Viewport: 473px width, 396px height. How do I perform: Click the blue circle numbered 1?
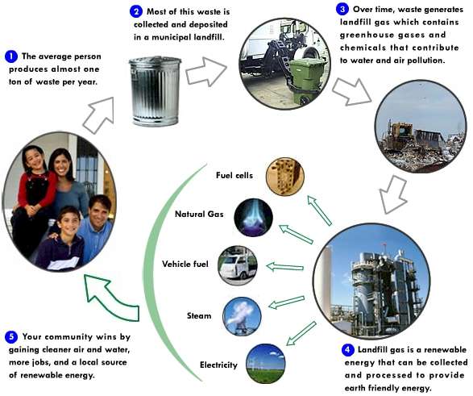click(10, 56)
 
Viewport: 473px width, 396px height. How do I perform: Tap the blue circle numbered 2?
click(136, 12)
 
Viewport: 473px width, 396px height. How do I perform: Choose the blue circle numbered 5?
click(10, 336)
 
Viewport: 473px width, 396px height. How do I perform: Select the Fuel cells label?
click(234, 175)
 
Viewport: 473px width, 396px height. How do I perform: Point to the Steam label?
click(199, 315)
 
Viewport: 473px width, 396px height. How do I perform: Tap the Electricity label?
click(218, 365)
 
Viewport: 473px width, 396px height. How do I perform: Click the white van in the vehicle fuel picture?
click(237, 265)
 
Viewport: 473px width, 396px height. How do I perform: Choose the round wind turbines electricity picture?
click(265, 364)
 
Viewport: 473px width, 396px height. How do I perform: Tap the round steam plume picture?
click(241, 316)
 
